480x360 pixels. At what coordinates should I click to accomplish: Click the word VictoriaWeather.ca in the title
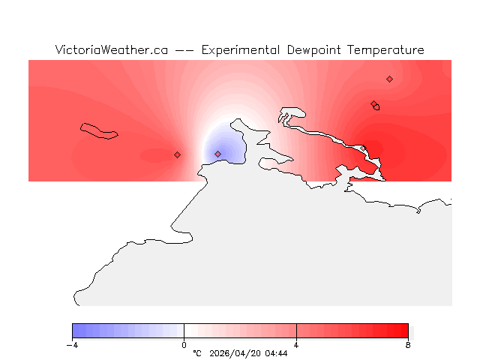coord(111,50)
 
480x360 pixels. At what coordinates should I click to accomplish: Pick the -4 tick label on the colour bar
coord(72,345)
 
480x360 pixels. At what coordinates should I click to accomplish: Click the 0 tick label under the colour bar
coord(184,345)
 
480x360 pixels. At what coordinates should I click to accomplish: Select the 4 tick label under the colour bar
coord(296,345)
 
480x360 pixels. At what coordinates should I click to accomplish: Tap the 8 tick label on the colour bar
coord(408,345)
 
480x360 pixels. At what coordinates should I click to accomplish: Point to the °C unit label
coord(197,353)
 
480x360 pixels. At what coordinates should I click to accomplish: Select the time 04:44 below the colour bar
coord(275,353)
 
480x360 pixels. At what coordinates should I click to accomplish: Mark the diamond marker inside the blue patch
coord(217,154)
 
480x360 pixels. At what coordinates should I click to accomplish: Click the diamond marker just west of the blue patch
coord(177,154)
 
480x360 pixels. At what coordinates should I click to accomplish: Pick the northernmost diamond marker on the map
coord(389,79)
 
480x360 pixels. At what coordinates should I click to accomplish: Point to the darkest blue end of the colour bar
coord(76,331)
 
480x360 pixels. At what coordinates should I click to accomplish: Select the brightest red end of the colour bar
coord(404,331)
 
